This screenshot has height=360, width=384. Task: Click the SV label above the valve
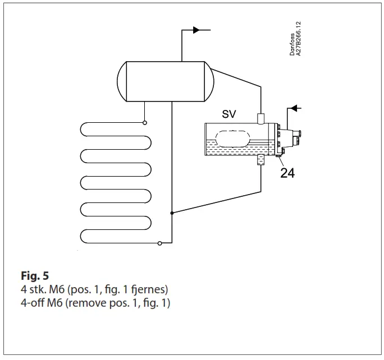pyautogui.click(x=228, y=114)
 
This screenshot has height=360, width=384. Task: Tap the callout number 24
pyautogui.click(x=287, y=173)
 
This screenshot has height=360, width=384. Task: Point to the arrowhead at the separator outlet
pyautogui.click(x=196, y=29)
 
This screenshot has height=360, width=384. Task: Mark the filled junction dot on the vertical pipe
pyautogui.click(x=172, y=213)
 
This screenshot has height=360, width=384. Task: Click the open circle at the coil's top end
pyautogui.click(x=145, y=122)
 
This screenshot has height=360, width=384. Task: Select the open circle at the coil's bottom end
pyautogui.click(x=160, y=243)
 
